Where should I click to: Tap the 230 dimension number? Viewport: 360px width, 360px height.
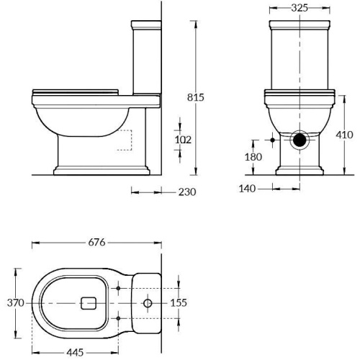coord(186,192)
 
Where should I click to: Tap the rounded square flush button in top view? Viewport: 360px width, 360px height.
coord(90,303)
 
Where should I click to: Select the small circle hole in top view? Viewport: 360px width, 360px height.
coord(148,303)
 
